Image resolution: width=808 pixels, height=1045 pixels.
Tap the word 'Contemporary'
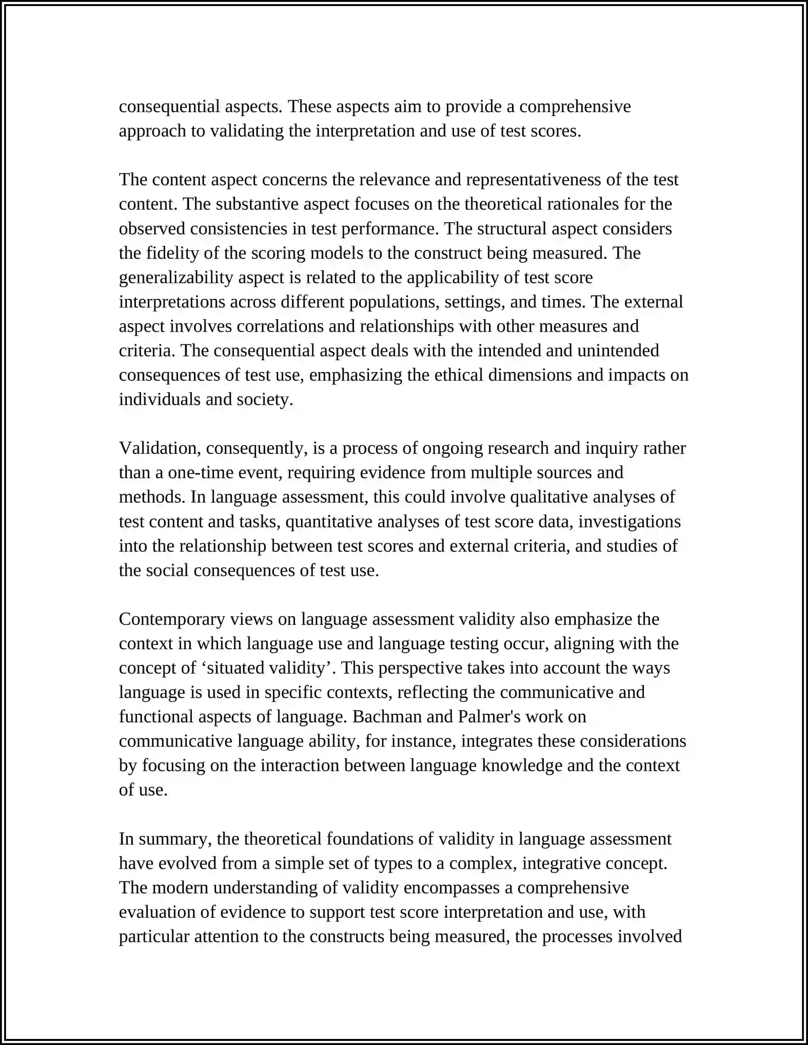point(172,619)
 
